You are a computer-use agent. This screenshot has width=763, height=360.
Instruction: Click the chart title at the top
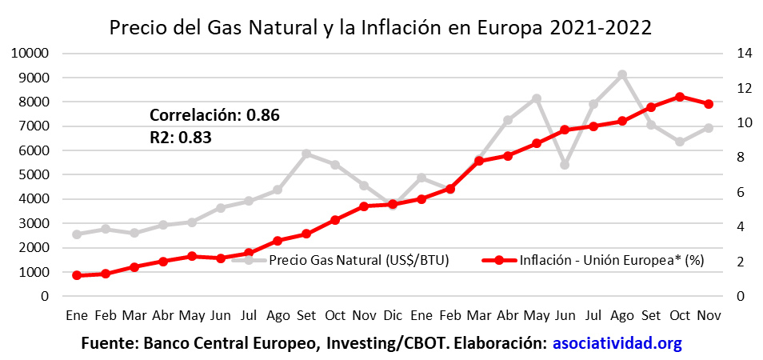(x=381, y=27)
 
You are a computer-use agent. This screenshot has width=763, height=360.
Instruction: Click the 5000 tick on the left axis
(x=34, y=175)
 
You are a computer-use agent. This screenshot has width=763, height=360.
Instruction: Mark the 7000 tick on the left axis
(x=34, y=126)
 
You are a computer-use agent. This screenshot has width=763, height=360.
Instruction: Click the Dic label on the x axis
(x=393, y=315)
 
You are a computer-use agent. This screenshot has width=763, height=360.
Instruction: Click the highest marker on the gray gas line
(x=622, y=74)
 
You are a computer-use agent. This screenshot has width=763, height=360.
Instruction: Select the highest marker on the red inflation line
(x=680, y=97)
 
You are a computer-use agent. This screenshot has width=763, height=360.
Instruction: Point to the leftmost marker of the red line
(x=77, y=275)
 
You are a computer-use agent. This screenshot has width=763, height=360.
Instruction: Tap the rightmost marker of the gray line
(x=709, y=128)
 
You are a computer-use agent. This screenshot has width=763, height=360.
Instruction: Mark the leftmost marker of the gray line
(x=77, y=234)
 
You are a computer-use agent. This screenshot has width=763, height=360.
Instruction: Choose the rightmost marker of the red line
(x=709, y=104)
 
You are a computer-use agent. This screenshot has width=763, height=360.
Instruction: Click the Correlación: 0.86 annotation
(x=214, y=114)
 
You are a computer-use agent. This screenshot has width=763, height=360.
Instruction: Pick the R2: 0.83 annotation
(x=180, y=137)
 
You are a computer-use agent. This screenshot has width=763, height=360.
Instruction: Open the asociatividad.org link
(x=617, y=344)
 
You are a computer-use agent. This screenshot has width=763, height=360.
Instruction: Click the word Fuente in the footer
(x=108, y=344)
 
